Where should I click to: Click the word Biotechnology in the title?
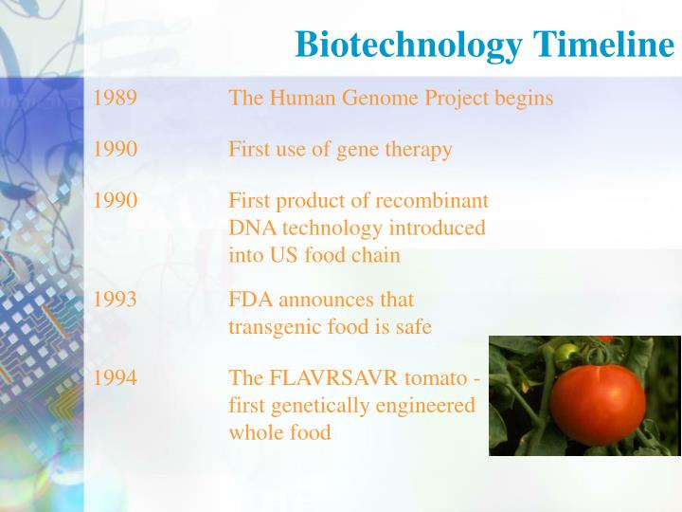click(x=408, y=45)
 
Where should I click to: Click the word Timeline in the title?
click(x=602, y=45)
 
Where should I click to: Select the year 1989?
click(x=115, y=98)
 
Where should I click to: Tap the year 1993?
click(x=115, y=300)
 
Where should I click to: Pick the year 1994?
click(x=115, y=378)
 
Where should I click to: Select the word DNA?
click(x=248, y=229)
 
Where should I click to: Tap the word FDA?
click(x=249, y=300)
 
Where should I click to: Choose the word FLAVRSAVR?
click(x=334, y=378)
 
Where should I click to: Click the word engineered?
click(x=424, y=405)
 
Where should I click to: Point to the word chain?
click(x=376, y=255)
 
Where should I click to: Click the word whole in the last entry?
click(x=255, y=432)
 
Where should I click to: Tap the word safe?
click(x=412, y=327)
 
